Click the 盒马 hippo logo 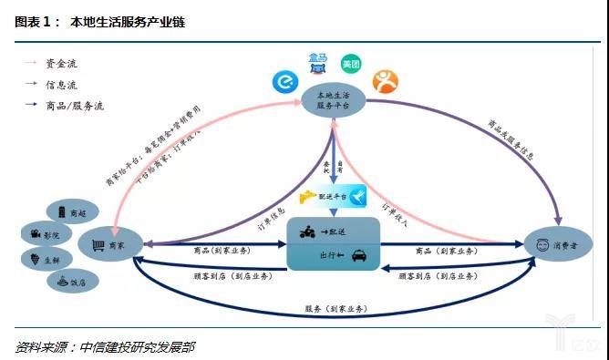coord(318,62)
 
